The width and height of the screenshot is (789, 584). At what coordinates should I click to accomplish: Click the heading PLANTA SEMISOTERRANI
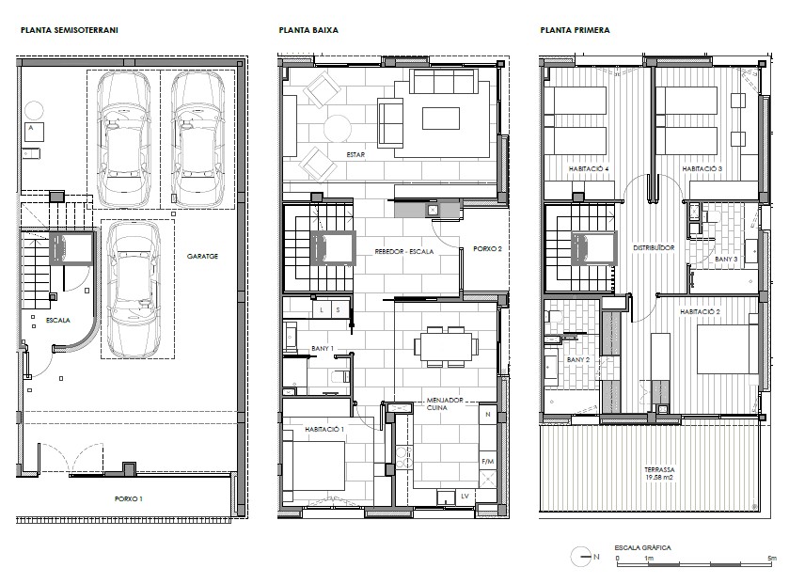click(70, 30)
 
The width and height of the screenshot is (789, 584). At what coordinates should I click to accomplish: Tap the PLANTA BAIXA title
click(308, 30)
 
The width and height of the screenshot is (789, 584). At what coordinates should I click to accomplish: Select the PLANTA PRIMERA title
click(575, 30)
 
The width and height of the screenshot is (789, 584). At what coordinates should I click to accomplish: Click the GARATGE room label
click(202, 256)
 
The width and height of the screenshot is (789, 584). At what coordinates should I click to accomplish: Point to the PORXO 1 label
click(128, 499)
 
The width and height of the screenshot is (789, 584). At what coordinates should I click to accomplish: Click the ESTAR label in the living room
click(355, 155)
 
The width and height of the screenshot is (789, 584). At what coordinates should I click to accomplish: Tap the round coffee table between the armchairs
click(338, 129)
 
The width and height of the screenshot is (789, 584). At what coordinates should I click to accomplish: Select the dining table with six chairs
click(446, 347)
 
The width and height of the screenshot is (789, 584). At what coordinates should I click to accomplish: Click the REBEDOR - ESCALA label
click(404, 251)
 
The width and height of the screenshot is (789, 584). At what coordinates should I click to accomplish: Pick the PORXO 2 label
click(487, 249)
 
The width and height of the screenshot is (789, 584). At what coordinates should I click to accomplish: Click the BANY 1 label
click(323, 348)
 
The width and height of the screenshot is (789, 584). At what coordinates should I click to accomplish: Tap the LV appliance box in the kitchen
click(465, 497)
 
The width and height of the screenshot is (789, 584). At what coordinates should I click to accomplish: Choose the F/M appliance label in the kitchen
click(487, 461)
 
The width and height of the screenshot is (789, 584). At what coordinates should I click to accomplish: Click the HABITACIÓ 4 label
click(589, 169)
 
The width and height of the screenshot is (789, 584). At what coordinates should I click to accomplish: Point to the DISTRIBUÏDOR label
click(654, 248)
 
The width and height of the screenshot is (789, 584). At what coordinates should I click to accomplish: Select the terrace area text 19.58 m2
click(659, 478)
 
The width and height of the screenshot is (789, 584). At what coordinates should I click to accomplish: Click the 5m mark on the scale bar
click(772, 558)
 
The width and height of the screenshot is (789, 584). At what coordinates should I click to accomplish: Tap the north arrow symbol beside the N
click(581, 557)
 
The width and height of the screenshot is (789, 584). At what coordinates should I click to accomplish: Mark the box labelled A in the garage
click(34, 132)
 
